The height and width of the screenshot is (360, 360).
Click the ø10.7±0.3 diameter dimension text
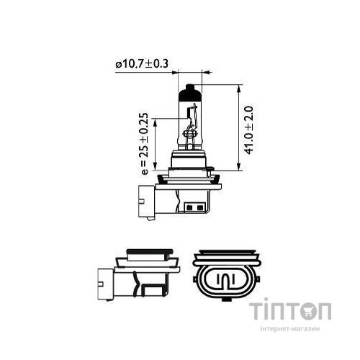[x=142, y=65]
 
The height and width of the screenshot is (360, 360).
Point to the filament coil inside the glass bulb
[x=191, y=131]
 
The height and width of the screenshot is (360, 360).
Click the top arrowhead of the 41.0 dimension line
[x=238, y=87]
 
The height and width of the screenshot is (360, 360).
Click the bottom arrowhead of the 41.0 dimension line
[x=238, y=164]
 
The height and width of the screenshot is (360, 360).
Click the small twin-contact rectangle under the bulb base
[x=194, y=210]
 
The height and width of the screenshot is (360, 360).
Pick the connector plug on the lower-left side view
[x=105, y=282]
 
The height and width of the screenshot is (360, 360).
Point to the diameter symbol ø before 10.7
[x=117, y=65]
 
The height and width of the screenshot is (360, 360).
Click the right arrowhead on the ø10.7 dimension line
[x=205, y=72]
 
